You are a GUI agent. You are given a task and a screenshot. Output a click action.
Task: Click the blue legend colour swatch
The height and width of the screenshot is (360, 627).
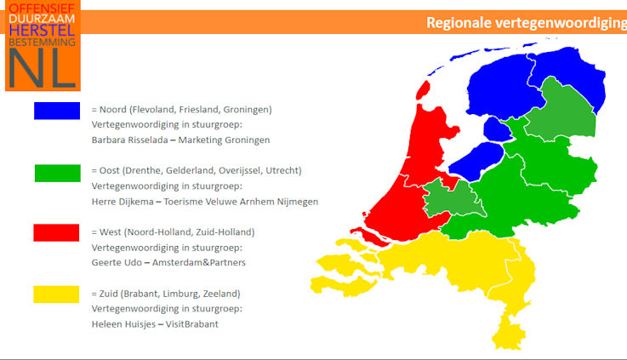click(57, 111)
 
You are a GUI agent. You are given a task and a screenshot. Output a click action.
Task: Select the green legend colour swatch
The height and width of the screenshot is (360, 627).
click(58, 174)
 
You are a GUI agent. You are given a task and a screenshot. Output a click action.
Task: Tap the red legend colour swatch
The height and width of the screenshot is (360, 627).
click(56, 233)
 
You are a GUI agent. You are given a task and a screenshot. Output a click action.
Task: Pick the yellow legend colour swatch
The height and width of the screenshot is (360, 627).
click(56, 294)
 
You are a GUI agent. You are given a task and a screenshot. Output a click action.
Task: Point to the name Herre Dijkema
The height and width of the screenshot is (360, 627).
click(123, 202)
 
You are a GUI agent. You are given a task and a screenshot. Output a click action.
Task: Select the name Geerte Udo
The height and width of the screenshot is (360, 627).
click(117, 262)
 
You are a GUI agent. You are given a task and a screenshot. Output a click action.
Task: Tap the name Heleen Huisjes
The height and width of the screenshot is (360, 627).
click(123, 324)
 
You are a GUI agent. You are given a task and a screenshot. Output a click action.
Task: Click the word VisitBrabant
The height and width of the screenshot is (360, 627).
click(192, 324)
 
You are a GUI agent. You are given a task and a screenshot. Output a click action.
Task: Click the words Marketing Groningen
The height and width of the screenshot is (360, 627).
click(224, 140)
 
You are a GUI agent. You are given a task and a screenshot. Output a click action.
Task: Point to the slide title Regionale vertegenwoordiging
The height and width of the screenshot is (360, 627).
click(527, 23)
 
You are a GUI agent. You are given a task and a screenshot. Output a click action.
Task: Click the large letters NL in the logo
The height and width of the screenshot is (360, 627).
click(42, 68)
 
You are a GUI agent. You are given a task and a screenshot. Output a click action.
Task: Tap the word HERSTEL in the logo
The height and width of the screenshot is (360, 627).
click(42, 31)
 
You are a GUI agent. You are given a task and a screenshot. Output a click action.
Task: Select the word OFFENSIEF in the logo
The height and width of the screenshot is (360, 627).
click(42, 9)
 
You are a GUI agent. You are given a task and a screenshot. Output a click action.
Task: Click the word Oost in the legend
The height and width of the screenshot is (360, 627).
click(109, 170)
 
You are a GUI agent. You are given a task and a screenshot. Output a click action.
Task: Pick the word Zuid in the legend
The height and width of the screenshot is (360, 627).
click(109, 294)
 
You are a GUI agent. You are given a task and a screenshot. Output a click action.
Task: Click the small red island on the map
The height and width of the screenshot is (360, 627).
click(423, 90)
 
